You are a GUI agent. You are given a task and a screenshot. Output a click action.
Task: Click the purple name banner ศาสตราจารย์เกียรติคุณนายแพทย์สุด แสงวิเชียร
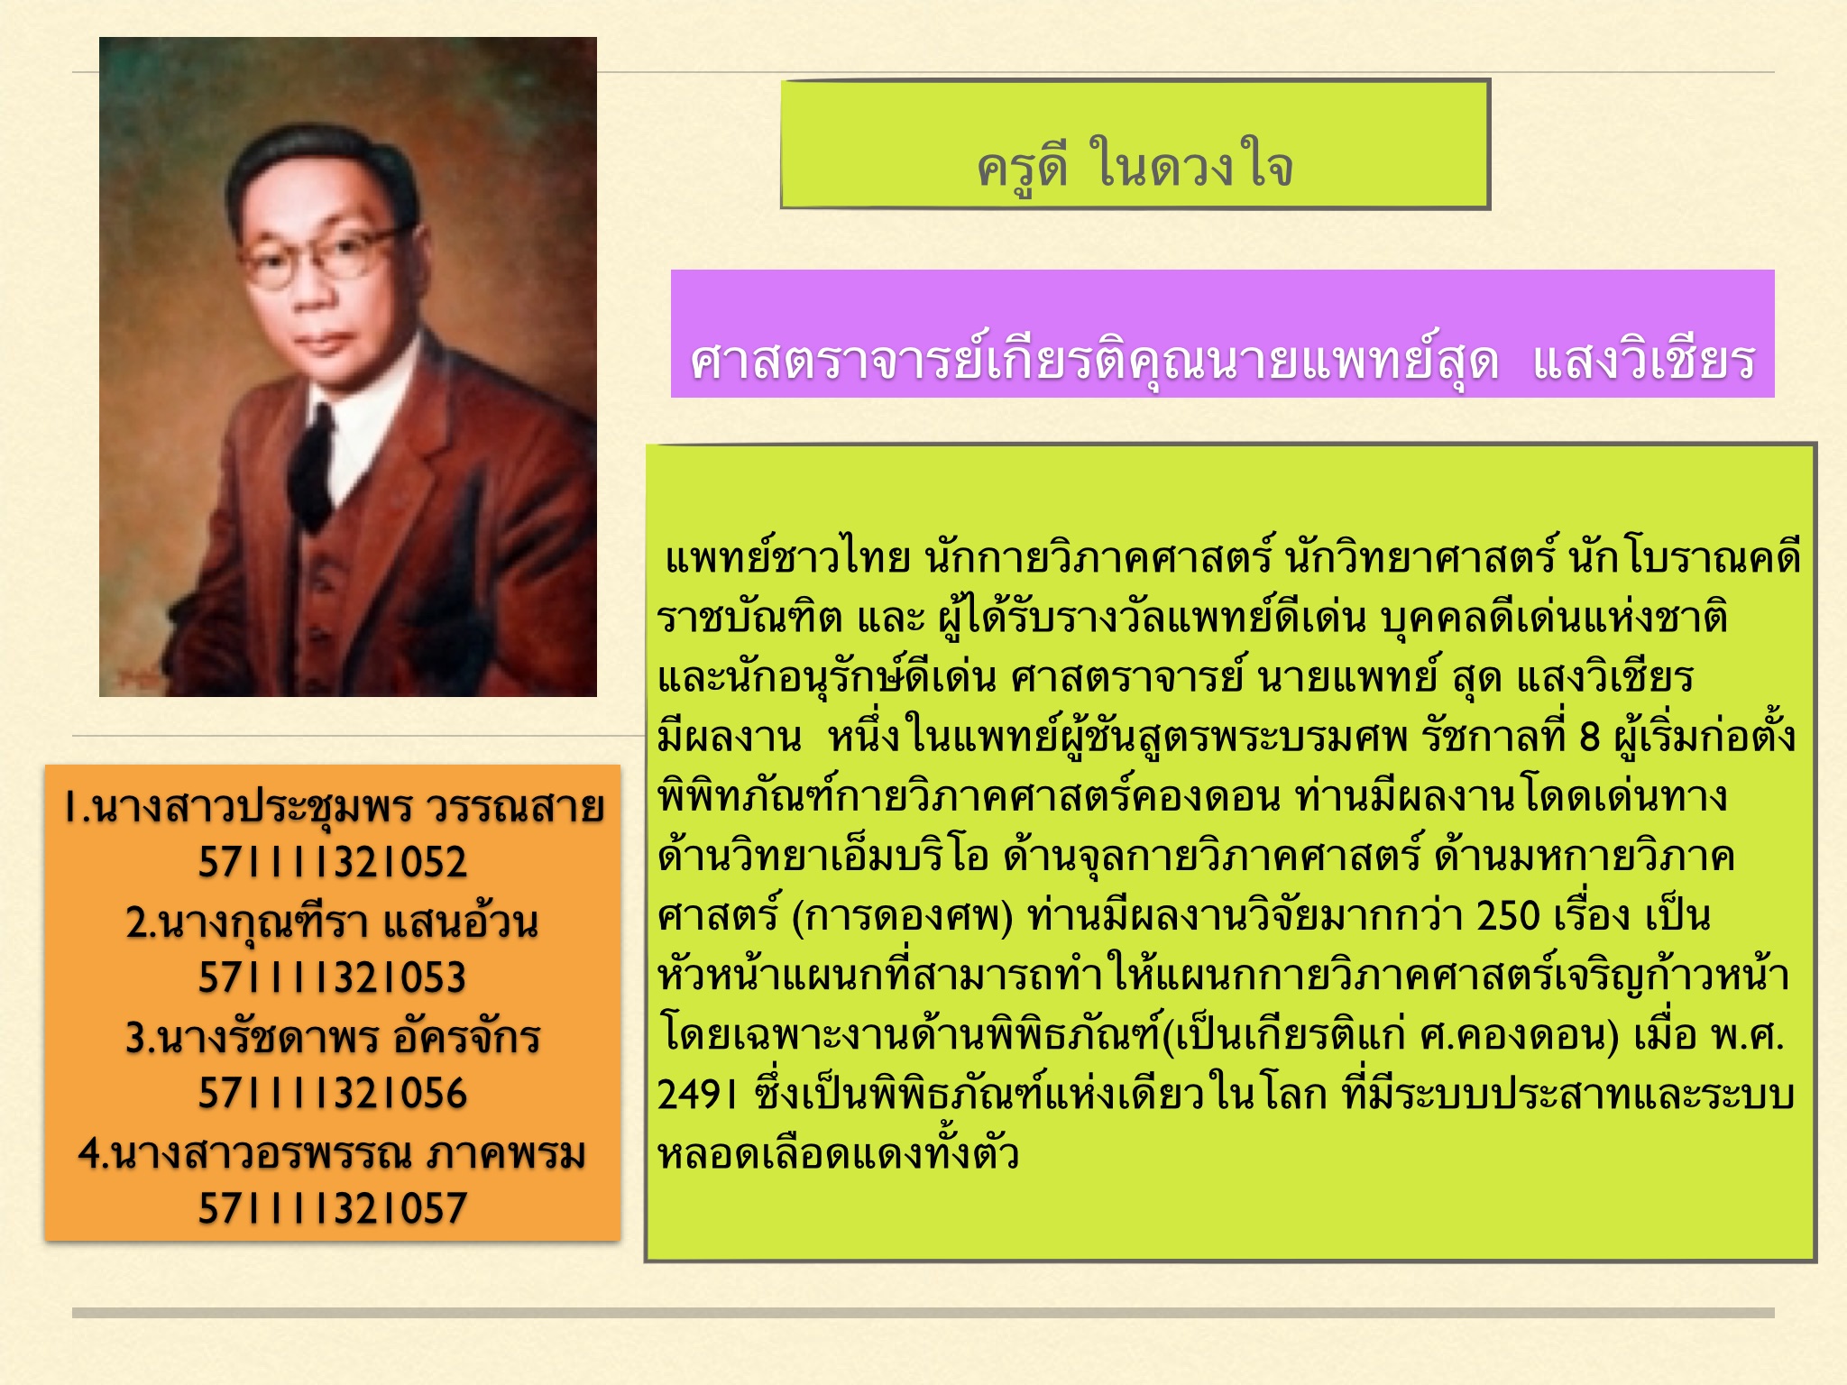[x=1222, y=334]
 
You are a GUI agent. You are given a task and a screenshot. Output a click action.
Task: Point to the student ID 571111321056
[x=333, y=1094]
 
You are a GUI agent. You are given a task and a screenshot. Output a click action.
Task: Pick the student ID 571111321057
[x=333, y=1209]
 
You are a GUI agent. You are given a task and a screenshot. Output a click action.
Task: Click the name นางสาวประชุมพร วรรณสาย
[x=345, y=807]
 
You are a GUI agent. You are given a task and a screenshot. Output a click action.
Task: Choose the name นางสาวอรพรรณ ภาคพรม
[x=345, y=1152]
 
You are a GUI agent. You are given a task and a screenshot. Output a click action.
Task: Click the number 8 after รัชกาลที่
[x=1589, y=738]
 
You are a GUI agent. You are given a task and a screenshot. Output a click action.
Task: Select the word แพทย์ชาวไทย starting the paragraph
[x=787, y=556]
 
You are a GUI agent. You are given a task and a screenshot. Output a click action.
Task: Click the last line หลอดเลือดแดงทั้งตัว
[x=839, y=1153]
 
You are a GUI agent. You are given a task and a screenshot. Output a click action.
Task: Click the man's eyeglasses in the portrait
[x=321, y=255]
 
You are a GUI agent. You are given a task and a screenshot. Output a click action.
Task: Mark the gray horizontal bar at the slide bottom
[x=923, y=1313]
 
